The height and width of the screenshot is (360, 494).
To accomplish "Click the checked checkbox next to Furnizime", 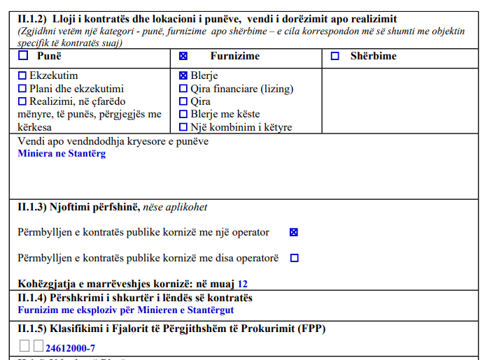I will pos(184,56).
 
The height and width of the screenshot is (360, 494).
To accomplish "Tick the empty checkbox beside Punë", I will pos(22,56).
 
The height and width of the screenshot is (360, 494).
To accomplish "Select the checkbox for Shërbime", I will pos(335,56).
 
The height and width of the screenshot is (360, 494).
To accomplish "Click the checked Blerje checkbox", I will pos(184,75).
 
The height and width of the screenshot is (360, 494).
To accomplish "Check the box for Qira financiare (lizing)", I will pos(184,89).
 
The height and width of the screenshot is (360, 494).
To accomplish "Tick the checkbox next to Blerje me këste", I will pos(184,114).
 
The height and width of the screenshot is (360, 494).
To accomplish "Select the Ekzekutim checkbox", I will pos(22,75).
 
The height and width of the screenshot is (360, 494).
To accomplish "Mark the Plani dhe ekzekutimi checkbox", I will pos(22,89).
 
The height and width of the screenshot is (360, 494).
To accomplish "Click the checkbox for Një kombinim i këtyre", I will pos(184,127).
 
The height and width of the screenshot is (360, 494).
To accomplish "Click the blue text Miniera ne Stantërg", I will pos(62,153).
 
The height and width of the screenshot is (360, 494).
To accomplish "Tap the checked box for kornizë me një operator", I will pos(294,232).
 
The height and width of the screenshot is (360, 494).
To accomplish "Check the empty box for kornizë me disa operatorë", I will pos(294,258).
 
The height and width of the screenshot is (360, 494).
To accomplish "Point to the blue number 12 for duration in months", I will pos(243,285).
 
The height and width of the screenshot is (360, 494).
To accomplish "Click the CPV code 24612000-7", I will pos(70,347).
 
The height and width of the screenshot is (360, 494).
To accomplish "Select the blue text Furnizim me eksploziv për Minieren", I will pos(126,310).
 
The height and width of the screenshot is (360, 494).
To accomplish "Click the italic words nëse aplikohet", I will pos(175,207).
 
